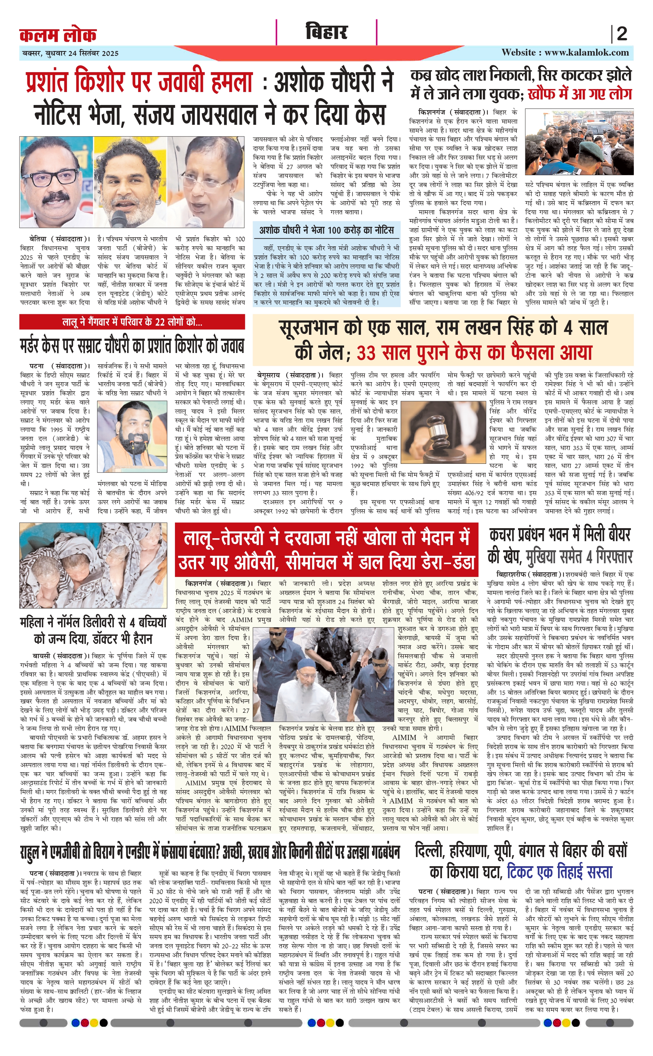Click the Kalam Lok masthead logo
(x=58, y=34)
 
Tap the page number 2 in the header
(x=621, y=34)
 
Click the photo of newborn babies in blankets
(x=93, y=565)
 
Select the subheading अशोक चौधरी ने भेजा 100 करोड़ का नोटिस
(x=326, y=230)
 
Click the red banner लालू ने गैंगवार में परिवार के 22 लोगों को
(x=132, y=321)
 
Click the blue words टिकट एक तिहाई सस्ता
(x=559, y=990)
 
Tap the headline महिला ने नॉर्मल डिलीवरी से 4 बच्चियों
(x=93, y=630)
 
